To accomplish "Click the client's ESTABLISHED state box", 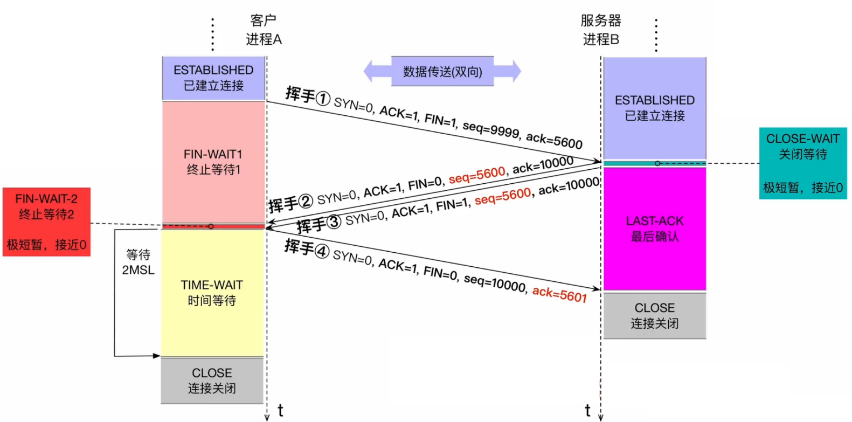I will [213, 78].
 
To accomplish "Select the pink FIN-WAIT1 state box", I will [213, 162].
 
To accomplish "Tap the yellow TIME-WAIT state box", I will [212, 293].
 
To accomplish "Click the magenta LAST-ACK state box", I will [654, 229].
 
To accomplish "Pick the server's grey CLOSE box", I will [654, 315].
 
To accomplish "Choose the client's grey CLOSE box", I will [212, 380].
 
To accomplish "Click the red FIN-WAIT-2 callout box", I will [46, 222].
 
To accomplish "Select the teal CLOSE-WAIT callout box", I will [802, 163].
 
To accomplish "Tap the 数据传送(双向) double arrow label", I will [442, 72].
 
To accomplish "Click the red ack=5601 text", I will [559, 294].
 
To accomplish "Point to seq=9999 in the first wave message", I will [491, 129].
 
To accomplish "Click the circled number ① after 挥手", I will [322, 99].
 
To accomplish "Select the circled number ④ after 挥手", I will [322, 251].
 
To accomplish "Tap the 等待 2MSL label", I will [138, 262].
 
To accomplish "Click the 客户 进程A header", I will [264, 30].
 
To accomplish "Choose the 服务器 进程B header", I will [601, 30].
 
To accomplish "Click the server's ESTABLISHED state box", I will [654, 108].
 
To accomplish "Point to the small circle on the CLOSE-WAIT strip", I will [657, 163].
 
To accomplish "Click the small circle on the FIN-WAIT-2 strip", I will [211, 226].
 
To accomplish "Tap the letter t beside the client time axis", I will [280, 411].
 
